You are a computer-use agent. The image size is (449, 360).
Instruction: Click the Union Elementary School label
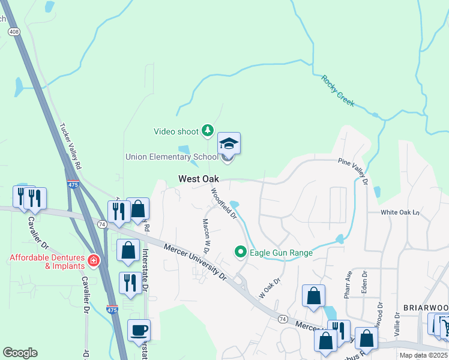(x=172, y=157)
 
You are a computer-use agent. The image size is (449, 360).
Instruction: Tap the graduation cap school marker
(x=228, y=144)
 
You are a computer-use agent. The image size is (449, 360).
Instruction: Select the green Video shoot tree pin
(x=207, y=130)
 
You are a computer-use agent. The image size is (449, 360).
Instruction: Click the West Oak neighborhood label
(x=198, y=179)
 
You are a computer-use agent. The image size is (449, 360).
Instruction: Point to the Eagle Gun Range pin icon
(x=241, y=253)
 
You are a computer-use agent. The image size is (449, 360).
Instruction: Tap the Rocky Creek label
(x=337, y=91)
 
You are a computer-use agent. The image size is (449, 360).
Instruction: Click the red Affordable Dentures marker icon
(x=93, y=260)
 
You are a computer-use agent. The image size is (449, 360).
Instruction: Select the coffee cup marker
(x=139, y=331)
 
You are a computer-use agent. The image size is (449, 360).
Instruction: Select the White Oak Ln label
(x=399, y=212)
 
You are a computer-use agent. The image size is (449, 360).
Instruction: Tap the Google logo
(x=20, y=353)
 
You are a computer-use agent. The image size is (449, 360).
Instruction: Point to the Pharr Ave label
(x=348, y=283)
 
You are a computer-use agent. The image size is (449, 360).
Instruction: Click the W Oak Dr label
(x=270, y=288)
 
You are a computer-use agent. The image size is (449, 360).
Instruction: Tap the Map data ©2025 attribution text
(x=424, y=355)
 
